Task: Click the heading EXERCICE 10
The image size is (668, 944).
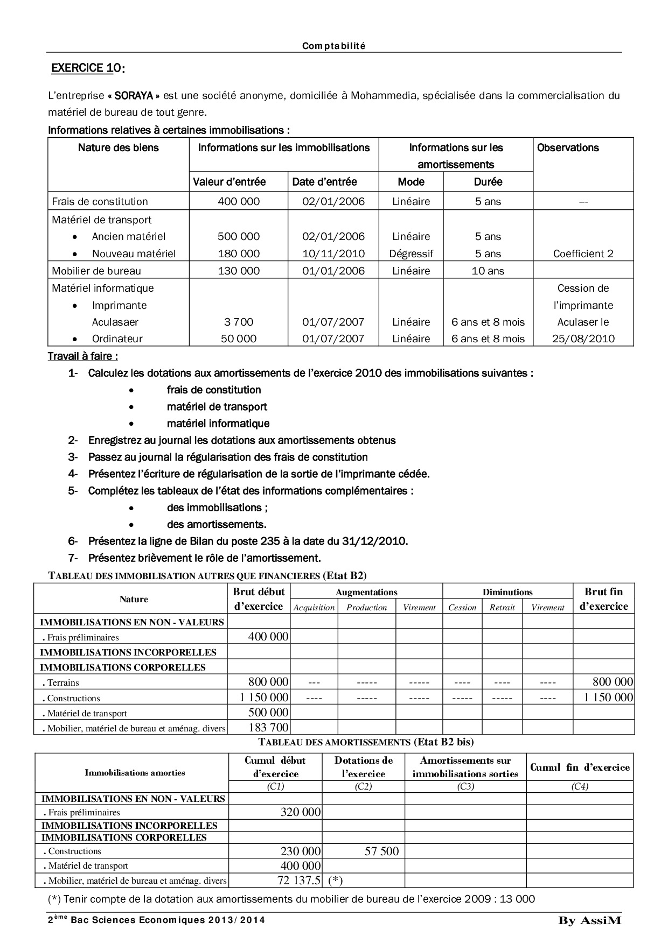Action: click(87, 68)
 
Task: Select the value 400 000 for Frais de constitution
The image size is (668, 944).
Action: click(239, 202)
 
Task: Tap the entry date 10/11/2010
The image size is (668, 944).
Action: click(333, 253)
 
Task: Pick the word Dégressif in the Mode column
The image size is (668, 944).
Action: click(411, 253)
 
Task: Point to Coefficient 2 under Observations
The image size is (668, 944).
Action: click(583, 253)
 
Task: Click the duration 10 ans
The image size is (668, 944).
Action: click(488, 271)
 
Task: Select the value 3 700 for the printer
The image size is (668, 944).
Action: click(239, 322)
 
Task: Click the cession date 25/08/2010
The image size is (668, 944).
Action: click(583, 339)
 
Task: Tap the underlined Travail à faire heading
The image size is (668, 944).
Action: click(83, 356)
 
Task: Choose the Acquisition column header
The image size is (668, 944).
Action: click(314, 608)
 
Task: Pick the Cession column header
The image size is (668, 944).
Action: click(462, 608)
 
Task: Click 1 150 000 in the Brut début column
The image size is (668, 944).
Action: click(264, 698)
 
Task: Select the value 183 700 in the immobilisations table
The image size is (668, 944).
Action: click(268, 728)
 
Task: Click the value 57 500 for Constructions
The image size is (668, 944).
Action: click(381, 851)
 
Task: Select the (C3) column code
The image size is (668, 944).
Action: click(465, 786)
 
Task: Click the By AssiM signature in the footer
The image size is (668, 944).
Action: click(589, 921)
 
